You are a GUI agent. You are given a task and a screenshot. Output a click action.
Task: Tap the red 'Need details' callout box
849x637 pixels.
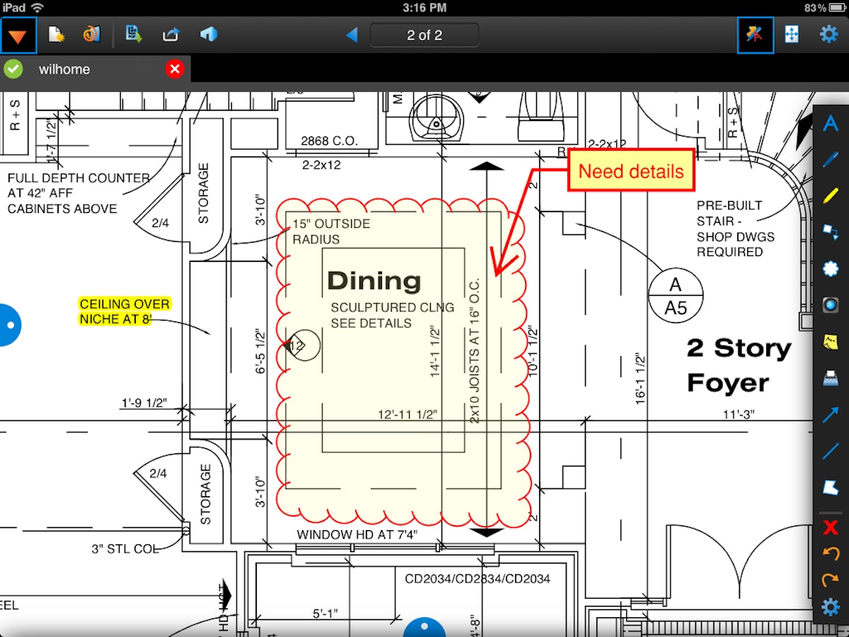point(630,171)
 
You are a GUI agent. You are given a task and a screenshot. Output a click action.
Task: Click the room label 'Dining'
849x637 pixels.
point(374,281)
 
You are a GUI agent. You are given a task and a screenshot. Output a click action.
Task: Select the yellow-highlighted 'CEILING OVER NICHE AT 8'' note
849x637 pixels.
point(125,311)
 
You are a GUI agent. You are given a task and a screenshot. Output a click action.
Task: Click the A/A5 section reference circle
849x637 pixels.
point(676,296)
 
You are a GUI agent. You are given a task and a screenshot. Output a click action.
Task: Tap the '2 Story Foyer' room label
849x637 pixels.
point(738,365)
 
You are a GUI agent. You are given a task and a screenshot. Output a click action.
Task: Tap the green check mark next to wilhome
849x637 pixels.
point(13,69)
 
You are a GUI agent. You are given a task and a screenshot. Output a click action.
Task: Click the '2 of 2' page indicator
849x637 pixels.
point(424,35)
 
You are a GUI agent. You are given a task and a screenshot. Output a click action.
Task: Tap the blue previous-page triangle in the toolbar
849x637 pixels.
point(352,35)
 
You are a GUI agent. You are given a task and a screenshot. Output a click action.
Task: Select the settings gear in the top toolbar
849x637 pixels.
point(828,34)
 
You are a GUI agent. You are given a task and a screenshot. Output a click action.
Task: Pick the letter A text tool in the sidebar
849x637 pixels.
point(831,124)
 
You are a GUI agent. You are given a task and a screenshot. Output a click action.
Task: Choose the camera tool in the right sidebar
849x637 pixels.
point(831,305)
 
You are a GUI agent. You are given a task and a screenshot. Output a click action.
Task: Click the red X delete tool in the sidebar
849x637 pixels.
point(831,527)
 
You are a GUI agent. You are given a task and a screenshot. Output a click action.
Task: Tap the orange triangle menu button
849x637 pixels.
point(18,35)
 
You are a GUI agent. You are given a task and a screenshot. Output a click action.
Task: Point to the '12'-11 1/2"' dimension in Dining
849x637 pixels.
point(407,415)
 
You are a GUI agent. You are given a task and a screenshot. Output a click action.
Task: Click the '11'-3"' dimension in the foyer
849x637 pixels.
point(738,415)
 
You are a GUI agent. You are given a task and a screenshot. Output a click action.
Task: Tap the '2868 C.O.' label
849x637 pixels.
point(329,141)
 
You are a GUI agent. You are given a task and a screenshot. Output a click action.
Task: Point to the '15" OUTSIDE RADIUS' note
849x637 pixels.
point(331,231)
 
